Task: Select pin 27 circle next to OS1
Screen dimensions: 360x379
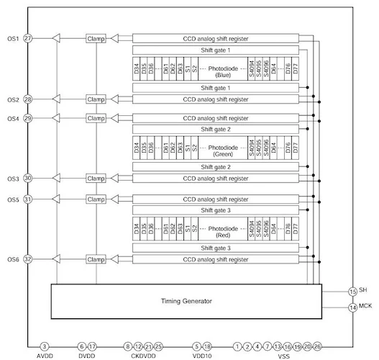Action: coord(27,38)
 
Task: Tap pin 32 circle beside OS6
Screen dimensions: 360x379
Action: coord(27,258)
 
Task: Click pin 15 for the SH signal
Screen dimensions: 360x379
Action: coord(352,292)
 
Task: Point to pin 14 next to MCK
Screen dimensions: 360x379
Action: coord(352,307)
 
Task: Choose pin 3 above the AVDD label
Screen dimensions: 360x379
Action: coord(45,346)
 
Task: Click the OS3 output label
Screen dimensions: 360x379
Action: coord(12,178)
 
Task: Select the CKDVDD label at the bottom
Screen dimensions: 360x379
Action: coord(143,355)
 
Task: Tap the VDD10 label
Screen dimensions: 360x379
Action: coord(202,355)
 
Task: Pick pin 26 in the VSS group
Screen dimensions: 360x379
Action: coord(318,346)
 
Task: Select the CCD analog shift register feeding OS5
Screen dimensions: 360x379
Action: coord(216,198)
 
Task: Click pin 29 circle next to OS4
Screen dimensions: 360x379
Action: coord(27,118)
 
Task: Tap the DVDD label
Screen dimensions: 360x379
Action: coord(86,355)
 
